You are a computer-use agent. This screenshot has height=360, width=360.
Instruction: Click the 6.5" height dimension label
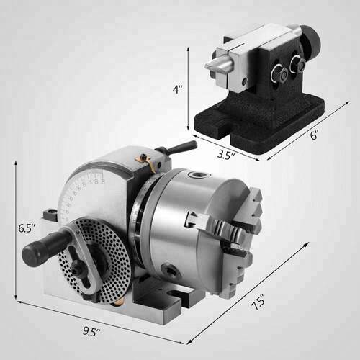pos(27,228)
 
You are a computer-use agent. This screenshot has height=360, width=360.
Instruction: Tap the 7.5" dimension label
pos(258,302)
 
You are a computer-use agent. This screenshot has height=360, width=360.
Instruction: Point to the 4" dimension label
pos(177,89)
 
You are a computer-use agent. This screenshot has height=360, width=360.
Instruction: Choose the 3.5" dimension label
pos(226,155)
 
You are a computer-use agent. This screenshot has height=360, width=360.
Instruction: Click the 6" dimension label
pos(314,135)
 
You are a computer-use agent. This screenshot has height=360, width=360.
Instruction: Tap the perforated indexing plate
pos(95,261)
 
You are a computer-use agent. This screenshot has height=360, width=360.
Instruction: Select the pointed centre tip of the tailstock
pos(207,65)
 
